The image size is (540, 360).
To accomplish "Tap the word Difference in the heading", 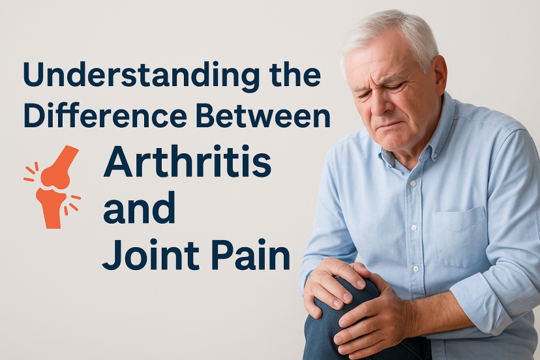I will (93, 117).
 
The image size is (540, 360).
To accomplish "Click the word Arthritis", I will (187, 164).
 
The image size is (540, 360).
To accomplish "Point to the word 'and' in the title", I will (139, 211).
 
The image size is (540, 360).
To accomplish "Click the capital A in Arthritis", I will (118, 164).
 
